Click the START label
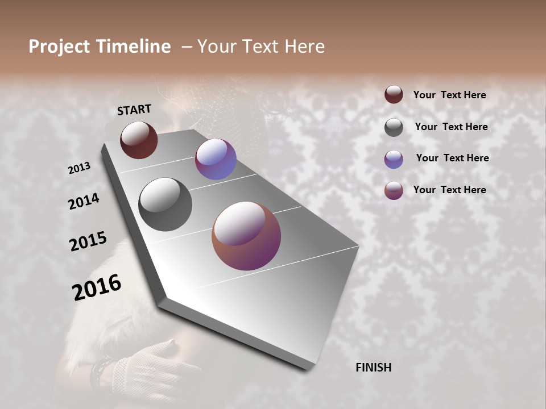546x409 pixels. [134, 110]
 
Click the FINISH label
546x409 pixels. [373, 368]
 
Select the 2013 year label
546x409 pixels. [79, 168]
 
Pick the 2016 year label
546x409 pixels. [97, 287]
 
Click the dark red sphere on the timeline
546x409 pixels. [139, 140]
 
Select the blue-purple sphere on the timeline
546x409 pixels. [216, 159]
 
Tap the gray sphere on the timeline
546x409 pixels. [165, 204]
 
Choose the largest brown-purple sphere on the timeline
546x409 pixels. [246, 236]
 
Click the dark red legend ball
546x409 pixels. [394, 95]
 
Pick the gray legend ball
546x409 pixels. [394, 127]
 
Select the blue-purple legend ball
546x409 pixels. [394, 159]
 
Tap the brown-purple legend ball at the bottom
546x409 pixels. [394, 190]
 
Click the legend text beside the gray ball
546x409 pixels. [451, 127]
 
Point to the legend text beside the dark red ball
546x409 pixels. [449, 95]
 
